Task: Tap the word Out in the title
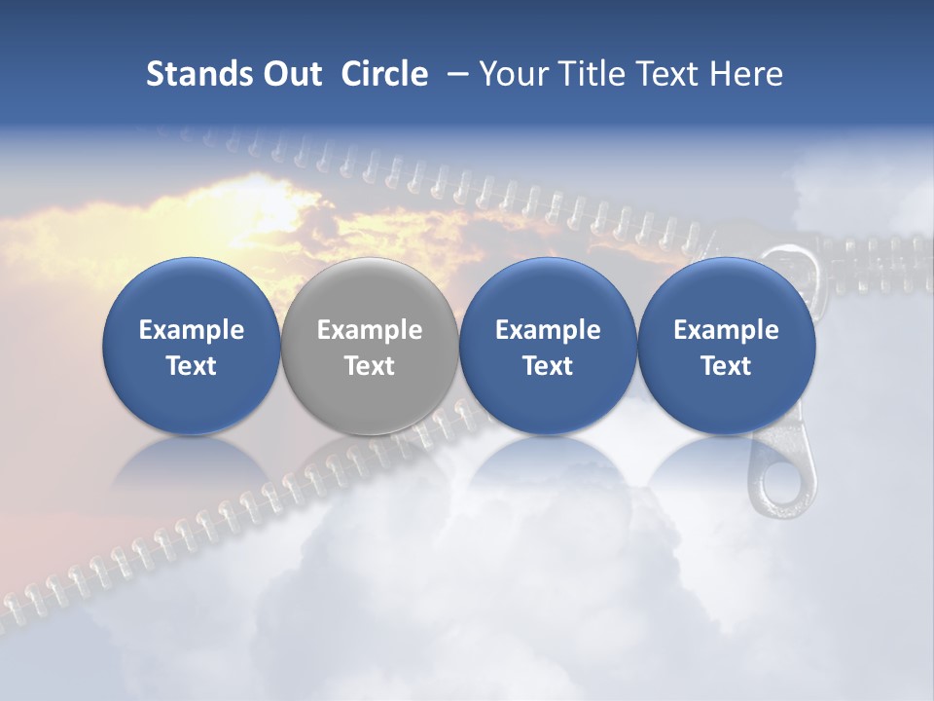click(x=290, y=74)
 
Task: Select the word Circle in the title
click(x=384, y=74)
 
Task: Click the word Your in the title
click(x=510, y=74)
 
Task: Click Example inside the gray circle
click(x=370, y=330)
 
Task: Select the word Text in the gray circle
click(x=370, y=366)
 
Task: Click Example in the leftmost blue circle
click(x=192, y=330)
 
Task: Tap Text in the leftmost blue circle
click(x=192, y=366)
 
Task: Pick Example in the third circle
click(x=548, y=330)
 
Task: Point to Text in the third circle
click(x=548, y=366)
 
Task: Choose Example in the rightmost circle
click(x=726, y=330)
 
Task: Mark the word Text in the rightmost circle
click(x=726, y=366)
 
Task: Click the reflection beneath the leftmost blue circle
click(x=192, y=467)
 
